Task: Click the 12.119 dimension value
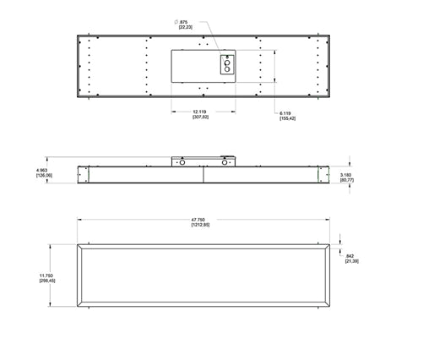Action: coord(200,112)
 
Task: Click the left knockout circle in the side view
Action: coord(179,165)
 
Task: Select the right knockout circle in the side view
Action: coord(225,165)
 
